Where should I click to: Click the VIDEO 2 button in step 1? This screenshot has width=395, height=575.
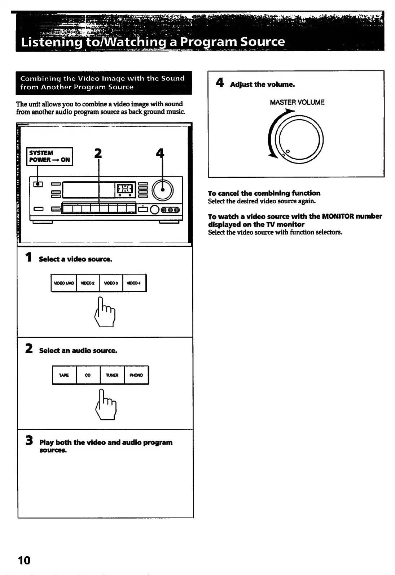[x=88, y=283]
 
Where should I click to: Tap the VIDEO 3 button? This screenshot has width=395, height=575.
[x=111, y=283]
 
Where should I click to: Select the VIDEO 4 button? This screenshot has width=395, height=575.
[x=134, y=283]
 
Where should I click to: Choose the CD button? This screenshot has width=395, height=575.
[x=88, y=375]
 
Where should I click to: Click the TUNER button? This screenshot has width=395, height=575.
[x=112, y=375]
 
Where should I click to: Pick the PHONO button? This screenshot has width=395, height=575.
[x=136, y=375]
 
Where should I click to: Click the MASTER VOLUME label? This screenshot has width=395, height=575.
[x=297, y=102]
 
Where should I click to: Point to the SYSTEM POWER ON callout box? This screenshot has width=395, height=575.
[x=50, y=156]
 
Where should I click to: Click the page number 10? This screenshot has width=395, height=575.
[x=24, y=560]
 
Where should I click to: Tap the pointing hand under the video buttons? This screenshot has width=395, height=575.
[x=105, y=312]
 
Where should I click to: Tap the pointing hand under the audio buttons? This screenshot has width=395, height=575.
[x=106, y=404]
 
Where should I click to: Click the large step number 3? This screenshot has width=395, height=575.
[x=29, y=441]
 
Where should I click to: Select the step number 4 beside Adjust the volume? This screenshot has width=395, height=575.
[x=220, y=83]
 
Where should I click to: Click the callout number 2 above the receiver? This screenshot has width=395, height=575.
[x=98, y=154]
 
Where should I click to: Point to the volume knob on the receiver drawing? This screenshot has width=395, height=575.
[x=163, y=190]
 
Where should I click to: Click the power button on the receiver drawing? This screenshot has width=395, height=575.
[x=38, y=184]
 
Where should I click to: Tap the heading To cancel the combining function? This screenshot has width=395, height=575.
[x=264, y=193]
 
